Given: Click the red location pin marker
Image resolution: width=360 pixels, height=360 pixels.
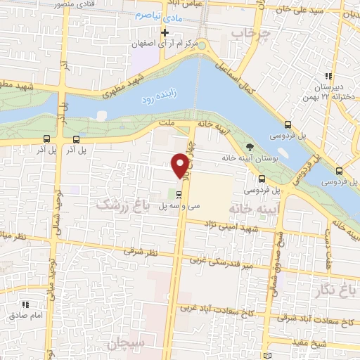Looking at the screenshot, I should (181, 165).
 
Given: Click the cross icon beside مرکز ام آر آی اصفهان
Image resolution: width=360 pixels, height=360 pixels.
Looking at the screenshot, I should (165, 32).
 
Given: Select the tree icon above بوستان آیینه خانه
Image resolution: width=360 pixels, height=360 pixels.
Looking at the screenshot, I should (251, 146).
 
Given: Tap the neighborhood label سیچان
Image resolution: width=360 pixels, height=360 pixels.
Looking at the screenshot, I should (124, 344).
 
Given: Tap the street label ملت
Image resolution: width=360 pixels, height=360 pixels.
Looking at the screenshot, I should (167, 123).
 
